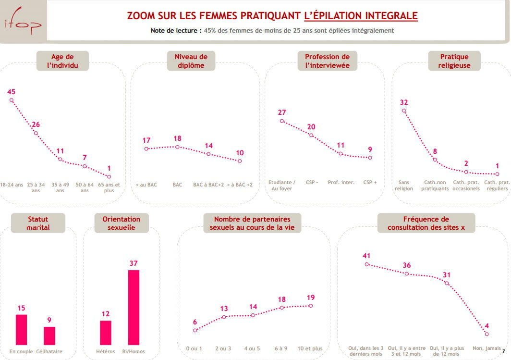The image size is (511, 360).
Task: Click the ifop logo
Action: [23, 21]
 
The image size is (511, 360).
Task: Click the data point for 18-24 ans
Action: [12, 100]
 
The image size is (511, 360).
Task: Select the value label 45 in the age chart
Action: [11, 91]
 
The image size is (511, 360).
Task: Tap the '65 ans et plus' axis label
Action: [109, 187]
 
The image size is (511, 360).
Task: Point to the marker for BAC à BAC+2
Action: [208, 154]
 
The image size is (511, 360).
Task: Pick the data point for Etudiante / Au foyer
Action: [282, 121]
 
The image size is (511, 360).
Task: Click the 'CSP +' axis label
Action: [370, 183]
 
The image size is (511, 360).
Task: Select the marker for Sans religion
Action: [404, 111]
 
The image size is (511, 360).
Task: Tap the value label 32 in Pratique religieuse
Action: [404, 102]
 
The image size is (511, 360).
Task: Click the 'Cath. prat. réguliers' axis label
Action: [497, 186]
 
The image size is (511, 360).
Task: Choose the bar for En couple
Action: [21, 330]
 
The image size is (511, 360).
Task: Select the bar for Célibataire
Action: [49, 335]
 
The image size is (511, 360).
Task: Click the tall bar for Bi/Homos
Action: [134, 307]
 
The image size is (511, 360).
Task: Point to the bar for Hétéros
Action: [106, 333]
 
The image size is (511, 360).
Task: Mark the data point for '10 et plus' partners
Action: [311, 306]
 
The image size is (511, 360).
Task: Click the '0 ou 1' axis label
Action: [194, 348]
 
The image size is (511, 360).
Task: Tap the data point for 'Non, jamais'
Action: [487, 334]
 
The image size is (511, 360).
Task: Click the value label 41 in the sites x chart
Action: [367, 255]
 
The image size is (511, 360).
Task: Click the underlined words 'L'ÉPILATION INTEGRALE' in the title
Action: [361, 15]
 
